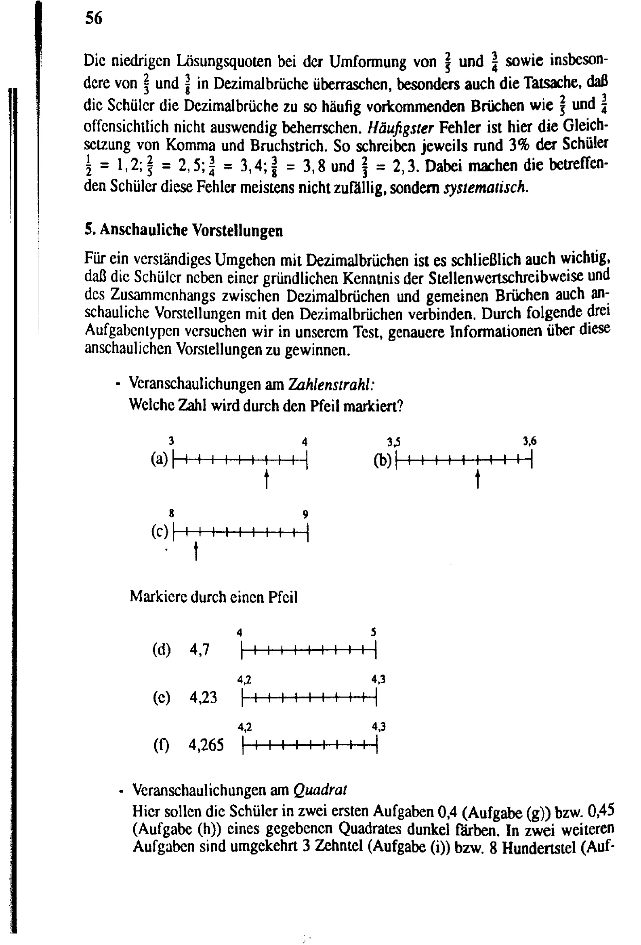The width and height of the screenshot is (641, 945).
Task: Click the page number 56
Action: pyautogui.click(x=93, y=18)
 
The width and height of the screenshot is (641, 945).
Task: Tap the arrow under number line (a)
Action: pyautogui.click(x=267, y=479)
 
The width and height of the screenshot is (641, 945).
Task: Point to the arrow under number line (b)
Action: pyautogui.click(x=477, y=479)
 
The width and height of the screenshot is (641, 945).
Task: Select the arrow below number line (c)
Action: pyautogui.click(x=196, y=551)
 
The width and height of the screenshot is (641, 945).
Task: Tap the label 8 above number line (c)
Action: pyautogui.click(x=172, y=514)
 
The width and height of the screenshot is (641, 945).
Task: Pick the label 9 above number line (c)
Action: pyautogui.click(x=305, y=515)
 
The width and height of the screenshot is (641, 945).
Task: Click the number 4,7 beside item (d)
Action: pyautogui.click(x=200, y=650)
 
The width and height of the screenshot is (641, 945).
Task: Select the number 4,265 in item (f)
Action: pyautogui.click(x=206, y=745)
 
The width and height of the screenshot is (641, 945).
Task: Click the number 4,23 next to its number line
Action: pyautogui.click(x=203, y=697)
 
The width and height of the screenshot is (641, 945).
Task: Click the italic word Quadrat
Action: pyautogui.click(x=320, y=790)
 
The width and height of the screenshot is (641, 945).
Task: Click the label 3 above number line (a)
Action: pyautogui.click(x=172, y=441)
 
